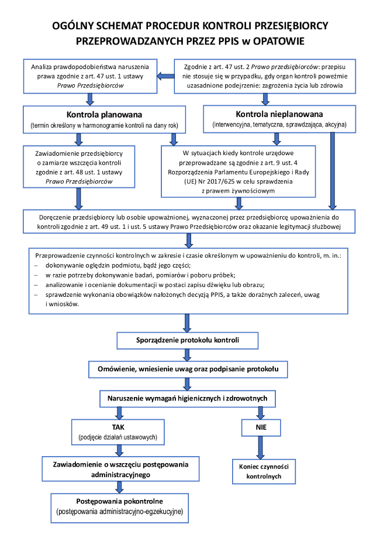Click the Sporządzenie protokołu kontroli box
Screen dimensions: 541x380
(187, 340)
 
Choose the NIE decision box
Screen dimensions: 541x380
(261, 428)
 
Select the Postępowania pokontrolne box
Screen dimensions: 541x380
(119, 506)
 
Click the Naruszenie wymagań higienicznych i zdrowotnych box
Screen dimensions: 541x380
(187, 398)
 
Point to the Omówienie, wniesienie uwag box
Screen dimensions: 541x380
(187, 369)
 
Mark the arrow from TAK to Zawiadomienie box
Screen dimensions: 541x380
(119, 449)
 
